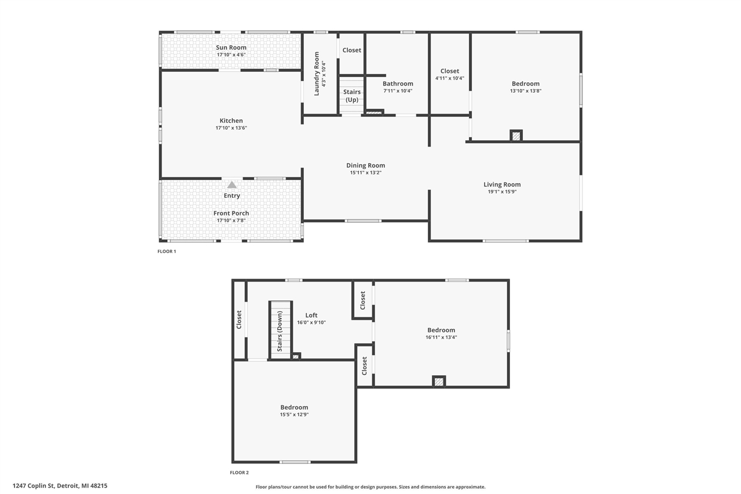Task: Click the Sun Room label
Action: click(231, 47)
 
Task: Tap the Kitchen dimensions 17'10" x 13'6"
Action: click(231, 128)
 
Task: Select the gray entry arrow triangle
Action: click(232, 185)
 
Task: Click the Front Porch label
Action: click(231, 213)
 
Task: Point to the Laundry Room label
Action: click(317, 74)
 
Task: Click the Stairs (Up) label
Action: click(351, 96)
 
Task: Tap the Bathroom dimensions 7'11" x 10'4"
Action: click(398, 91)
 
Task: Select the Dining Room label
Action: click(365, 165)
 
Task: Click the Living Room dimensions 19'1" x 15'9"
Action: click(502, 192)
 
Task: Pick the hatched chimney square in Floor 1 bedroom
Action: click(516, 136)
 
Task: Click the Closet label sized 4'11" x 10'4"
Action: click(450, 71)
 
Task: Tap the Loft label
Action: click(311, 315)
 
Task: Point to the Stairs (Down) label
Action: click(280, 331)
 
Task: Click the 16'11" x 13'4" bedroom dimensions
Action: click(441, 337)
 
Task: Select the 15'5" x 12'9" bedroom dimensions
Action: click(294, 414)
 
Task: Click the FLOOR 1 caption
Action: click(167, 251)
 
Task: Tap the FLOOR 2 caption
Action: click(239, 473)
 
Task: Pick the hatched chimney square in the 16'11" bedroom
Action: click(439, 382)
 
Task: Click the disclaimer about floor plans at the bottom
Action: click(370, 486)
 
